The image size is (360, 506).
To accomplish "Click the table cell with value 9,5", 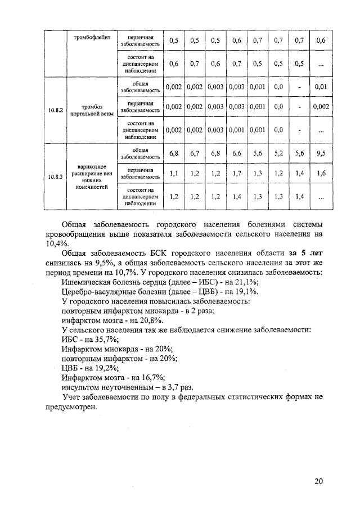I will point(321,153).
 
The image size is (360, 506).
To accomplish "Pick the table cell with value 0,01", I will point(321,87).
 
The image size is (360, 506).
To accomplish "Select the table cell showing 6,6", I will point(236,153).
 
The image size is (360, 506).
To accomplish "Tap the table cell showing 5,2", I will point(278,153).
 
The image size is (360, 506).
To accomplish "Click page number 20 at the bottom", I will point(319,481).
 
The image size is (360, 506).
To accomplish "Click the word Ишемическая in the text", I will point(87,282).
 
